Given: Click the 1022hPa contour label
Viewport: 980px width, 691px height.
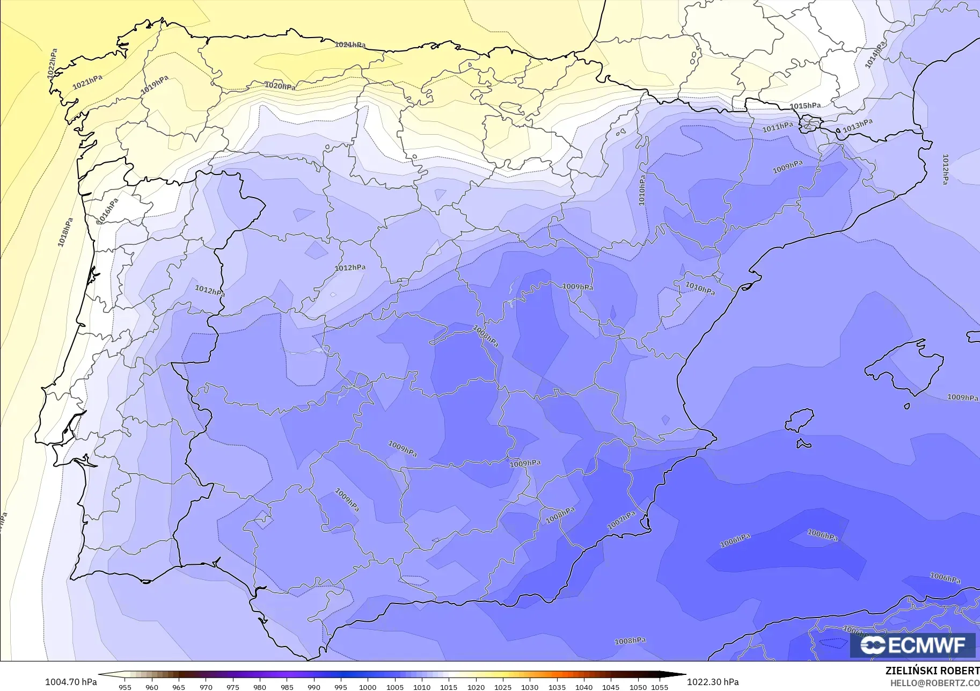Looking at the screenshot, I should tap(52, 64).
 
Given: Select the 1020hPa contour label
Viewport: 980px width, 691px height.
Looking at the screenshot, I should tap(280, 86).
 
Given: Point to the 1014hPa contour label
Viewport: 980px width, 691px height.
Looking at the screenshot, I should tap(874, 55).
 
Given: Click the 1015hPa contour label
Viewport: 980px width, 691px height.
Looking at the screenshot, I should tap(805, 106).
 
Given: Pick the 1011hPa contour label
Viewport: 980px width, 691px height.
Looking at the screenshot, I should tap(778, 127).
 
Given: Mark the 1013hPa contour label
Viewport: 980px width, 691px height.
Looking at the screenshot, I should tap(857, 126).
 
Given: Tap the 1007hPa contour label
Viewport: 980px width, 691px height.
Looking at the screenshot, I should tap(621, 520).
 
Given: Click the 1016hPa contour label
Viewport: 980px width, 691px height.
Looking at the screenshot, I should tap(107, 212).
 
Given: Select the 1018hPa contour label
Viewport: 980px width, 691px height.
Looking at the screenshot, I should tap(65, 232).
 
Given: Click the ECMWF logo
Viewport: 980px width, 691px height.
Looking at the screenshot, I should tap(912, 645).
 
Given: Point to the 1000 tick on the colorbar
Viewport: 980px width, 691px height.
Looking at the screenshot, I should tap(368, 687).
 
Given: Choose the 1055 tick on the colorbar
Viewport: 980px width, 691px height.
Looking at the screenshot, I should tap(660, 687).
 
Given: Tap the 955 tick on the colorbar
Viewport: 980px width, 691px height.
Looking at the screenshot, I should tap(125, 687).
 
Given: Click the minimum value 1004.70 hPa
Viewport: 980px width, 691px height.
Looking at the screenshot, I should tap(71, 682).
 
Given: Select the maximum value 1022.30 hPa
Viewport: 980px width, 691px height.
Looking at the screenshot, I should tap(712, 682).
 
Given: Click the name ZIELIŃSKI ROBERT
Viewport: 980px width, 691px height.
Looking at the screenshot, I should tap(932, 671).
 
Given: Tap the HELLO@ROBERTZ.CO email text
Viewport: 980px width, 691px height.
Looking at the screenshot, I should tap(935, 683).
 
